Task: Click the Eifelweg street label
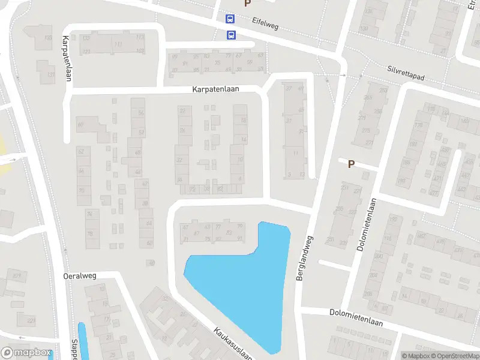click(x=266, y=24)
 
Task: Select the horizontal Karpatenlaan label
click(x=215, y=89)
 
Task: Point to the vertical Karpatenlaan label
click(x=67, y=59)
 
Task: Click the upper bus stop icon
click(x=230, y=19)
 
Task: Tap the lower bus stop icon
click(x=230, y=35)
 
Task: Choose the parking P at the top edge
click(x=247, y=4)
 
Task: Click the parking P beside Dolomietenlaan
click(x=352, y=164)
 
